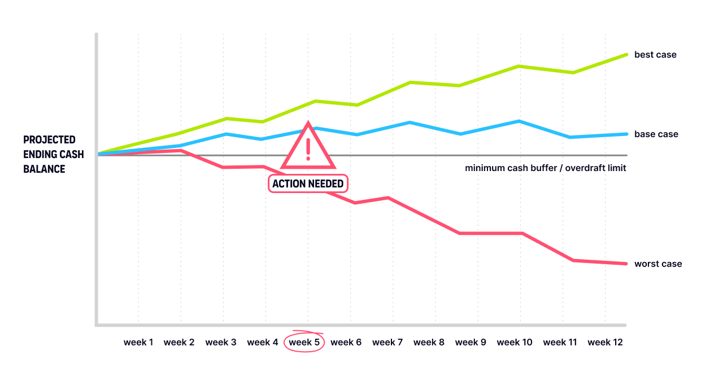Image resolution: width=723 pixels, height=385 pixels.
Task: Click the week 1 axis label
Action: tap(138, 342)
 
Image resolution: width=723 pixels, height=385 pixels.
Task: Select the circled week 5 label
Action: tap(304, 342)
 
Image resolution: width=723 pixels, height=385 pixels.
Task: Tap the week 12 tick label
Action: tap(605, 342)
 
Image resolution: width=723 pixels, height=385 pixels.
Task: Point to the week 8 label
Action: tap(429, 342)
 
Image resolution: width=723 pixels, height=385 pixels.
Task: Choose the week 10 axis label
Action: tap(515, 342)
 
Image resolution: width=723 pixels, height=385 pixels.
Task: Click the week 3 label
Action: tap(221, 342)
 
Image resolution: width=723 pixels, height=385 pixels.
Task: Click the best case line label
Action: tap(655, 55)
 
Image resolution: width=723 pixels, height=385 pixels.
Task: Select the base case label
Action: tap(656, 134)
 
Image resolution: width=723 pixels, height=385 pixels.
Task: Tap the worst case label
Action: tap(658, 264)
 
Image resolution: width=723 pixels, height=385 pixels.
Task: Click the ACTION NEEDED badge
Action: tap(308, 184)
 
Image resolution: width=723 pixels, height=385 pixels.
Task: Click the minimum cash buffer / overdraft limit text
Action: tap(545, 168)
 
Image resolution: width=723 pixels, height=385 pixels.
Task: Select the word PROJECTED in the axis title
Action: tap(49, 140)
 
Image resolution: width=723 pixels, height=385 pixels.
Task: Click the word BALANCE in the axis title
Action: tap(44, 169)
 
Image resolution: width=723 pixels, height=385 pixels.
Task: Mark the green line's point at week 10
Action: tap(519, 66)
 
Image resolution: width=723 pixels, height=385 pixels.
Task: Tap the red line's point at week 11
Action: tap(573, 260)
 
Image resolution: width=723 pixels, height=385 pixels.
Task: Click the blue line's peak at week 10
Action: tap(519, 121)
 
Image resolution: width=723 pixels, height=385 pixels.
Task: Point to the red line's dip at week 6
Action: tap(355, 203)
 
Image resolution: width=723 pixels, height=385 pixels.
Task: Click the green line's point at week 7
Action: tap(410, 82)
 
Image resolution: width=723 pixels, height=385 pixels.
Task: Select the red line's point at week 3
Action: tap(224, 167)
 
